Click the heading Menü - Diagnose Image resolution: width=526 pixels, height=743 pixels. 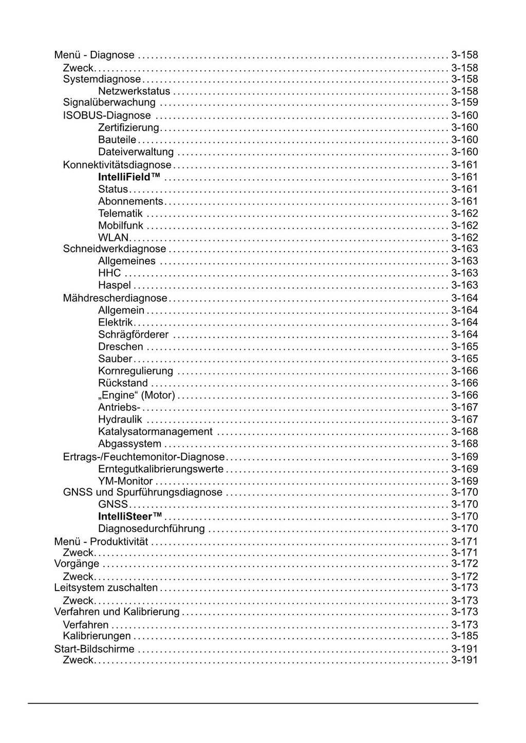(x=94, y=55)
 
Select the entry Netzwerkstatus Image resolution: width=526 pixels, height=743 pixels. (x=134, y=91)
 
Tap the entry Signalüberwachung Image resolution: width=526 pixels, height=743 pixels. (x=109, y=102)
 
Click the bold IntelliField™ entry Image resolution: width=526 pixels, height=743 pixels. (x=129, y=177)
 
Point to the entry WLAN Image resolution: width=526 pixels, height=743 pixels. (x=113, y=238)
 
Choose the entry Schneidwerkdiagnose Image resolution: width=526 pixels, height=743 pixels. (x=115, y=249)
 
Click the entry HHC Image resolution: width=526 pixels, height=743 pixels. (x=109, y=273)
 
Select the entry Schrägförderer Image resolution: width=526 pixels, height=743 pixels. (x=133, y=335)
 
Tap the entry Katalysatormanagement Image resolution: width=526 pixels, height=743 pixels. (x=155, y=432)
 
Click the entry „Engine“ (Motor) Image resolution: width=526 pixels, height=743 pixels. (x=137, y=395)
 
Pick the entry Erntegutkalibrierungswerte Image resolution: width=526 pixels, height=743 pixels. (x=161, y=469)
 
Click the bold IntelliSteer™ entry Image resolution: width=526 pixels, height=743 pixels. (x=130, y=517)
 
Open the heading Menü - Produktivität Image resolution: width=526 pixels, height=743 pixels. (x=101, y=542)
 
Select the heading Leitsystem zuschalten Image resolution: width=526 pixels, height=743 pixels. (x=106, y=588)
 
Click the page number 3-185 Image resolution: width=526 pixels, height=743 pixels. (x=464, y=636)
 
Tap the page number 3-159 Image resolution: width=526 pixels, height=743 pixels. (x=464, y=102)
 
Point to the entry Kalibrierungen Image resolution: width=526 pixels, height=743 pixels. (x=97, y=636)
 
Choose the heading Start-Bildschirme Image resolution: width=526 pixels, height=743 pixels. (x=94, y=649)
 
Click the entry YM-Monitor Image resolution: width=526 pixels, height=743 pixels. (x=125, y=481)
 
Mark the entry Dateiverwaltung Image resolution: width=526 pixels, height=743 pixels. (x=136, y=152)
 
